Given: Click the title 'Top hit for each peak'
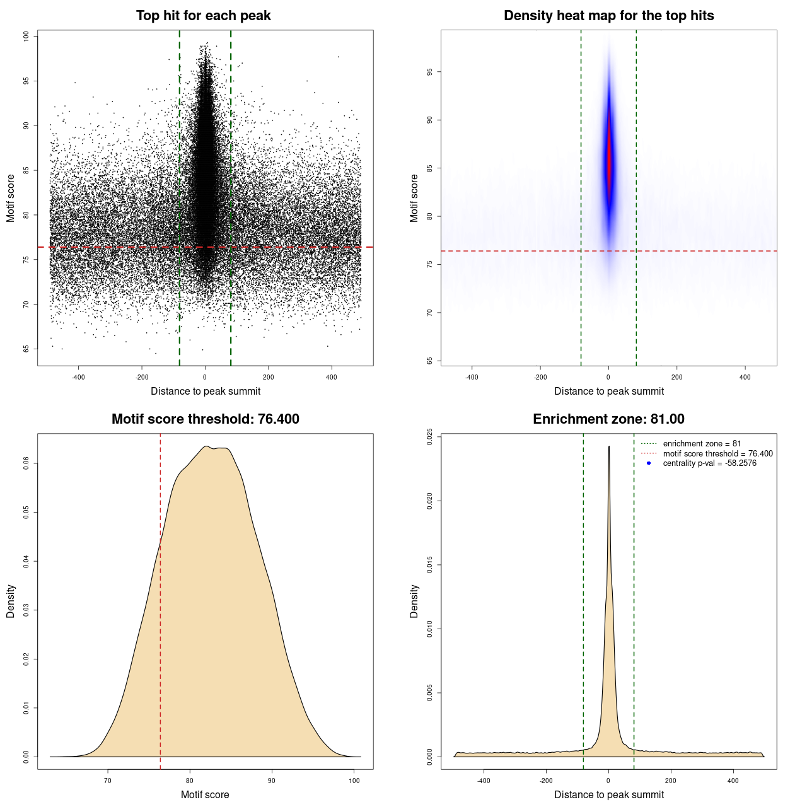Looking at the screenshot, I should (x=203, y=16).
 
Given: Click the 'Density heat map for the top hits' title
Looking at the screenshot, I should (x=608, y=16).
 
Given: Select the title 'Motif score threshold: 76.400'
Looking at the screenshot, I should (x=205, y=419).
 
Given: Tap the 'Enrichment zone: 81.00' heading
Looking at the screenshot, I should (x=608, y=419).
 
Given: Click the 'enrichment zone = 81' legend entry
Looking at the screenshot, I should (x=702, y=444).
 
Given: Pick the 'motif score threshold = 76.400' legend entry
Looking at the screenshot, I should (x=717, y=454).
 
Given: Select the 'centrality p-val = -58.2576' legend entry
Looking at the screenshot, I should (x=709, y=463).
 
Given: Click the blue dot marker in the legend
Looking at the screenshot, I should (x=649, y=463).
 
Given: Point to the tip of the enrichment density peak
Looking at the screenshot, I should (x=609, y=447).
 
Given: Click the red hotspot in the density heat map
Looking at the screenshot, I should (x=609, y=158).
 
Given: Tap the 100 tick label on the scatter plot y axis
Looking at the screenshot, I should (x=26, y=37).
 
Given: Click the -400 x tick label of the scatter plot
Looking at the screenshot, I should (x=78, y=378).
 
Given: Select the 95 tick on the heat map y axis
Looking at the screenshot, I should (x=430, y=72).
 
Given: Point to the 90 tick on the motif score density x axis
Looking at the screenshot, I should (x=272, y=781).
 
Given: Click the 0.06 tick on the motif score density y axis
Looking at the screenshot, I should (x=26, y=463).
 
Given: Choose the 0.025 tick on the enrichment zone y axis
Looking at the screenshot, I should (x=430, y=437).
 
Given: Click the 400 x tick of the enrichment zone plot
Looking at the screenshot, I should (x=733, y=781).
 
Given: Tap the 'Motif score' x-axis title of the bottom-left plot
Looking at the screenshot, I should (x=205, y=794).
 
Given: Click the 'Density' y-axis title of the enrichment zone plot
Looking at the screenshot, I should (x=414, y=601).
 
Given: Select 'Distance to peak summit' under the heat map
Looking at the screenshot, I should (x=608, y=391).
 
